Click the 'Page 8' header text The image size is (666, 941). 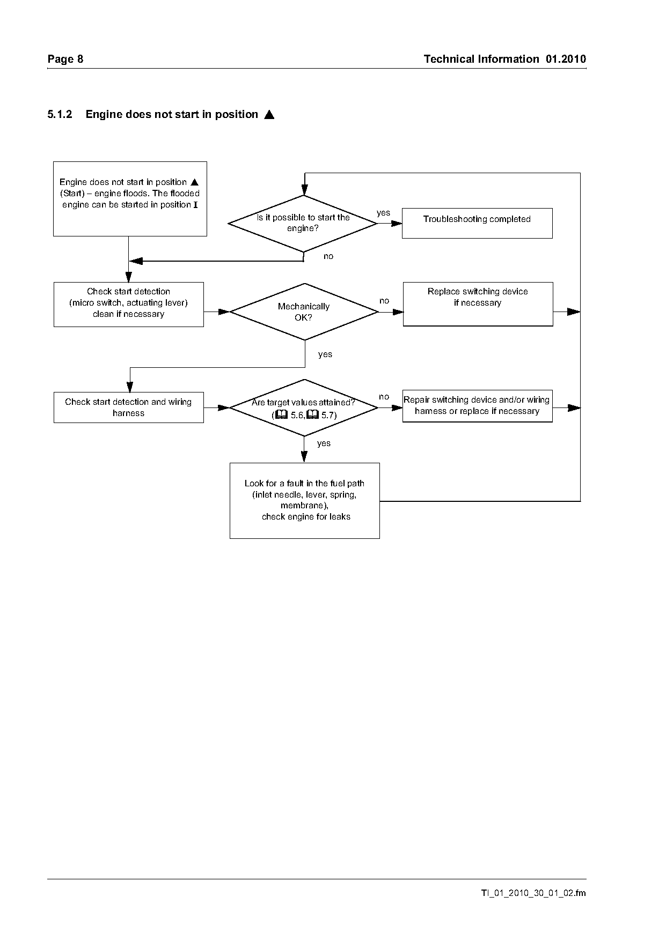pos(65,59)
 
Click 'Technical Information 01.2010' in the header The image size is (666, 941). pos(504,59)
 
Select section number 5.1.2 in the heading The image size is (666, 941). pos(60,114)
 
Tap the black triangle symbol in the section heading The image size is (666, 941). pos(269,114)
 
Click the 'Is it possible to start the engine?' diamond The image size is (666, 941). pos(303,223)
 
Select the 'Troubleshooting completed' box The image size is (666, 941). pos(477,223)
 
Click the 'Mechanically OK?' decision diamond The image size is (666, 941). pos(304,312)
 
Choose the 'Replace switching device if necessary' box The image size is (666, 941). pos(478,304)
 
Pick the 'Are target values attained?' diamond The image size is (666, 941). pos(304,408)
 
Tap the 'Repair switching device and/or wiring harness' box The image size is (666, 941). pos(477,406)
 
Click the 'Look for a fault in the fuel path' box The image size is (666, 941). pos(304,501)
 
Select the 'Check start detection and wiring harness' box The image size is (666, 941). pos(129,407)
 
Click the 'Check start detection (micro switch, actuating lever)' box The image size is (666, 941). pos(129,305)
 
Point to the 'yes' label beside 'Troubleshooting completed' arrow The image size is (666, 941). pos(383,213)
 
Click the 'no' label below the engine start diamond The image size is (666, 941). pos(328,256)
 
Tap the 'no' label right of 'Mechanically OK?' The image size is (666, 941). pos(384,301)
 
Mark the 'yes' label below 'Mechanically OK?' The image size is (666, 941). pos(325,354)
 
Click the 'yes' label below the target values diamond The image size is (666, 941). pos(324,443)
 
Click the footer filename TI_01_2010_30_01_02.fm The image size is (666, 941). pos(533,893)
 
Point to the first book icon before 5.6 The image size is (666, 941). pos(282,414)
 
